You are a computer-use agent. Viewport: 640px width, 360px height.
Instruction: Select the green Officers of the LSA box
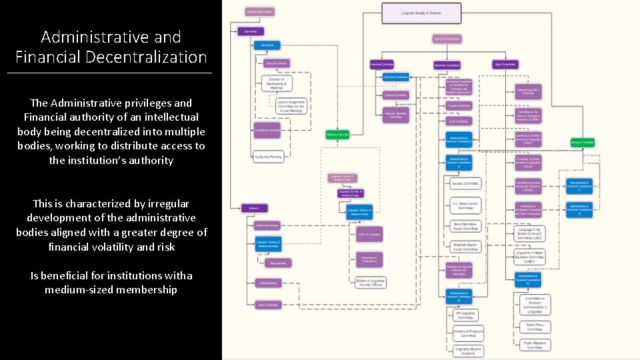point(338,134)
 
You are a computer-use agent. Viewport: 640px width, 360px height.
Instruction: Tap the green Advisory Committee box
point(583,142)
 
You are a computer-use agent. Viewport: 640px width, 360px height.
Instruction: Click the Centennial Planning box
point(268,157)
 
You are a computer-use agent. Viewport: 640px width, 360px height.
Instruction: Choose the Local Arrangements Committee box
point(291,105)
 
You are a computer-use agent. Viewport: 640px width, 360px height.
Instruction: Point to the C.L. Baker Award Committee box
point(465,205)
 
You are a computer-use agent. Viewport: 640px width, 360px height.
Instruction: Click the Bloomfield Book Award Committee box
point(465,227)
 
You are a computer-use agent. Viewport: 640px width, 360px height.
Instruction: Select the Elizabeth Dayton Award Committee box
point(465,247)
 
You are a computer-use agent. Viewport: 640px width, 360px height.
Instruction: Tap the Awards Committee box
point(465,183)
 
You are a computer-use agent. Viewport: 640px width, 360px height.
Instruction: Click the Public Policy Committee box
point(535,327)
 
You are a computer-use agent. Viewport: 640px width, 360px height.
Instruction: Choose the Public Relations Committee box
point(535,345)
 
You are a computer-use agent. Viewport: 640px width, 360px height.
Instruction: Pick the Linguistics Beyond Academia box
point(468,350)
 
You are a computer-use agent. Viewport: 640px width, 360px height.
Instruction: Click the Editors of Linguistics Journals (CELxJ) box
point(370,282)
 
